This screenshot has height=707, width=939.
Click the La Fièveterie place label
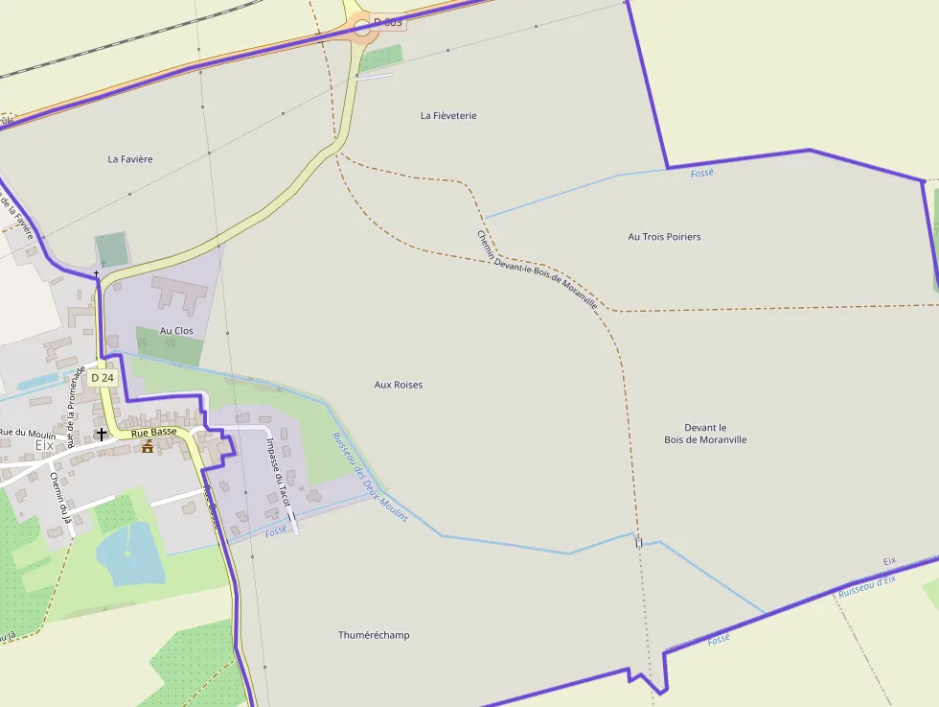pos(448,116)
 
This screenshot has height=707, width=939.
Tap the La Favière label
pos(130,159)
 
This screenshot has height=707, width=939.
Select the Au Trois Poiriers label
pos(664,237)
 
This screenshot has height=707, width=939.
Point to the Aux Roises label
pos(398,385)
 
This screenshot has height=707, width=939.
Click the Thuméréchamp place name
pos(374,635)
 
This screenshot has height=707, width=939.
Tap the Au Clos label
pos(176,331)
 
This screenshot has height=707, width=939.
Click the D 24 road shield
pos(103,378)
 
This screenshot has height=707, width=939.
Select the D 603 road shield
pos(388,22)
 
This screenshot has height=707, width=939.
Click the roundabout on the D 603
pos(361,28)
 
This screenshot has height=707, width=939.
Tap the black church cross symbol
pos(101,435)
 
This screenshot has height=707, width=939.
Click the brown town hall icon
pos(148,447)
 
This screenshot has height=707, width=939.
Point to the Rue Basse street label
pos(154,433)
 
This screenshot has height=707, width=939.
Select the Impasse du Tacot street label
pos(278,472)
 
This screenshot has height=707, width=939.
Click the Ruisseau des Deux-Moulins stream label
pos(369,477)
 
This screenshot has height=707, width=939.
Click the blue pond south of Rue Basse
pos(129,554)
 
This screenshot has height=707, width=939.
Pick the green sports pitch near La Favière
pos(112,250)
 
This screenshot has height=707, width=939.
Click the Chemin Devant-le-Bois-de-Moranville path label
pos(537,269)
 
